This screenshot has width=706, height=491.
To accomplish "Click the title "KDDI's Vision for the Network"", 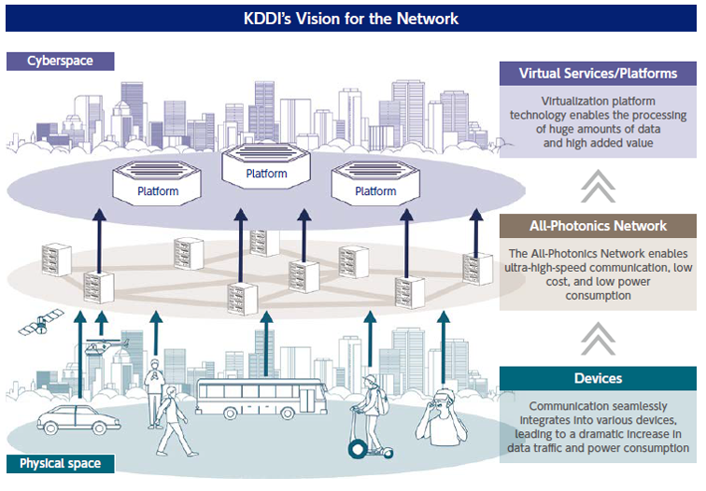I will coord(352,18).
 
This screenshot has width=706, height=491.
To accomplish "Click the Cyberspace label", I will coord(61,61).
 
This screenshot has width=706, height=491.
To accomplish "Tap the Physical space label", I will coord(60,463).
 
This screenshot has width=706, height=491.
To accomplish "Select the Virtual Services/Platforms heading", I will coord(599,74).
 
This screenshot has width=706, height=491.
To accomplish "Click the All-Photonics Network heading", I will coord(599,226).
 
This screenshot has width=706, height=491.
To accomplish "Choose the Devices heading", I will coord(599,378).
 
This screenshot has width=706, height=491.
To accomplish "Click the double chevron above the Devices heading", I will coord(599,337).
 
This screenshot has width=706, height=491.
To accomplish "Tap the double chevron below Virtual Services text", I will coord(599,186).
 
